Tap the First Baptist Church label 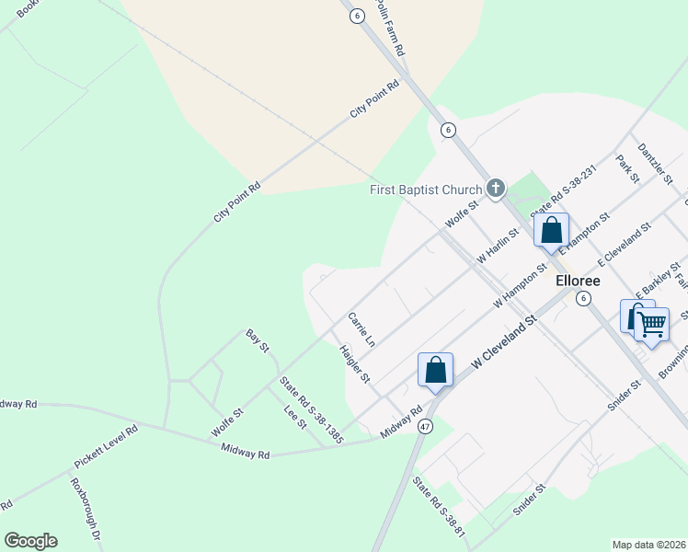pos(426,190)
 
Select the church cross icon pos(496,190)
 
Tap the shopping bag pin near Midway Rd pos(436,371)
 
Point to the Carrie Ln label pos(361,329)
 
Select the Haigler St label pos(354,364)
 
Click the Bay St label pos(257,339)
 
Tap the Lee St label pos(294,415)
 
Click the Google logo pos(30,540)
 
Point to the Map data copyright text pos(648,544)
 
